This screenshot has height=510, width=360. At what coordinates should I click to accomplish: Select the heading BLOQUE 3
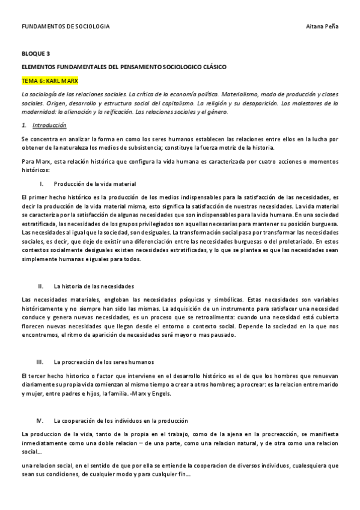(35, 54)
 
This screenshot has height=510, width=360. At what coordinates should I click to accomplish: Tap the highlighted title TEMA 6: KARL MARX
(50, 80)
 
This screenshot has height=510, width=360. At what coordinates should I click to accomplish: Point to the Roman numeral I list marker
(40, 183)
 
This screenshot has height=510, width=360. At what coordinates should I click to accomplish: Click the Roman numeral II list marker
(40, 286)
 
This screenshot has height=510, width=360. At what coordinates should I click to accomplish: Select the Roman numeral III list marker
(40, 362)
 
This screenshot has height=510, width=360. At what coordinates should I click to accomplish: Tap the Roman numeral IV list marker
(40, 420)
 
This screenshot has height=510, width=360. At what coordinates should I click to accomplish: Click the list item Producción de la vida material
(95, 183)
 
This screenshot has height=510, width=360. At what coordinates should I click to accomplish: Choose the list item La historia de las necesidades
(94, 286)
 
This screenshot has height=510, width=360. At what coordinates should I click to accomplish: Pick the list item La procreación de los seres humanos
(104, 362)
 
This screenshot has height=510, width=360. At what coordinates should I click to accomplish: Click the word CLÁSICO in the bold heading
(213, 67)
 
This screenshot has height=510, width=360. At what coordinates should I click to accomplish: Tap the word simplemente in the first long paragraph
(40, 259)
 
